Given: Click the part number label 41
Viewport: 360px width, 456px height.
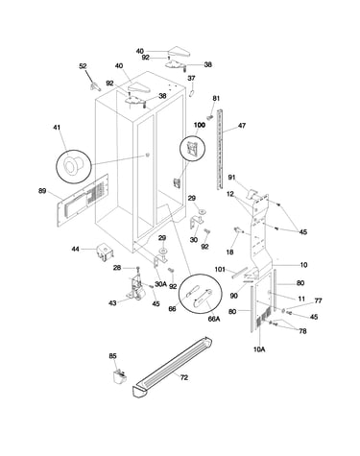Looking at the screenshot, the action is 57,128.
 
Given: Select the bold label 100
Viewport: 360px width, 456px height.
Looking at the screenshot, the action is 200,125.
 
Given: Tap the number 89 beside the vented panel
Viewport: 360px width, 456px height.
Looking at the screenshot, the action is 42,191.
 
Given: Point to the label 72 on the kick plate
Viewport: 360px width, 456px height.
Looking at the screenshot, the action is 184,377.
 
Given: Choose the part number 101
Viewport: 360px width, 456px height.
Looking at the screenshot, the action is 220,270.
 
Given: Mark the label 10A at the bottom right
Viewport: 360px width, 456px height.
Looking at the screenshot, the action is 259,349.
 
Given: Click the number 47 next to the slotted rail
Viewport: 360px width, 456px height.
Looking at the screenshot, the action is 242,126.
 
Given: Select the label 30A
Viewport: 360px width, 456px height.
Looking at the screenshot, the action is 161,284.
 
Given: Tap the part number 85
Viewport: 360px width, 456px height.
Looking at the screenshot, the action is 112,356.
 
